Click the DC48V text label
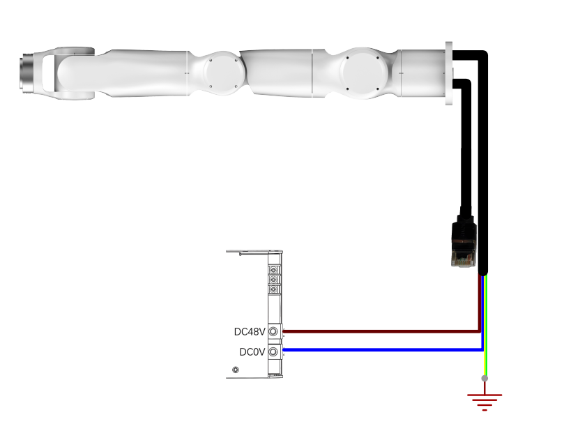250,331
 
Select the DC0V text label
252,351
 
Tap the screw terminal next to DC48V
273,331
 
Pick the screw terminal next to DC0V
273,351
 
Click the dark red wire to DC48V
381,331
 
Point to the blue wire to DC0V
383,349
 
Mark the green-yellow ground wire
486,326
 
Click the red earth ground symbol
485,397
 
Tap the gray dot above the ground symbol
485,378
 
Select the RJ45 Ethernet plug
464,241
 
